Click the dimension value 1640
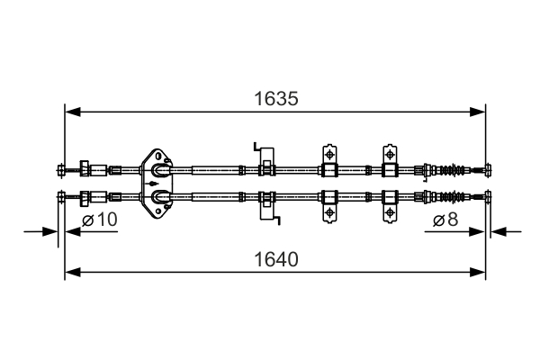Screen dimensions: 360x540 tap(275, 256)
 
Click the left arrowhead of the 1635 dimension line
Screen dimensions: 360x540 tap(70, 112)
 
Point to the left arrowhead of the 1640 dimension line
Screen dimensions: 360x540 tap(70, 271)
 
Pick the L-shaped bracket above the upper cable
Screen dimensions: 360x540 tap(258, 148)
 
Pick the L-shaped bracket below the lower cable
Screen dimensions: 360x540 tap(265, 212)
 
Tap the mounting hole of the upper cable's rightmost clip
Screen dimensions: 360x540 tap(390, 152)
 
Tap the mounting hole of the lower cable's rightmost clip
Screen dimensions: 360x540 tap(390, 212)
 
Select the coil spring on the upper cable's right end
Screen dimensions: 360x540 tap(458, 168)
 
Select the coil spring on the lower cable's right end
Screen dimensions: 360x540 tap(458, 197)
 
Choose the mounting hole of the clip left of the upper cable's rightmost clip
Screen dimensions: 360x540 tap(329, 152)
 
